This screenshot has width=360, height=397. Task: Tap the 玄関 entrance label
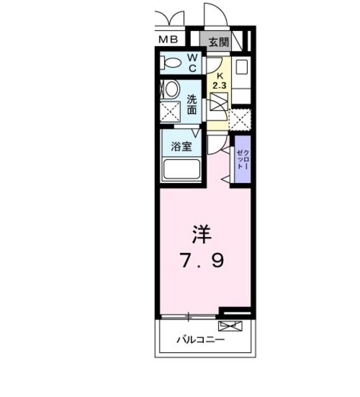218,42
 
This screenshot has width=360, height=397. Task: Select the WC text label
192,63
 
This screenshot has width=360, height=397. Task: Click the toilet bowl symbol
171,63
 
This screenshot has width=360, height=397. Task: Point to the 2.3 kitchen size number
219,84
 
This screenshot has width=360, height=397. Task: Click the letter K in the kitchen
219,74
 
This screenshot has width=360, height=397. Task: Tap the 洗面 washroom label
192,104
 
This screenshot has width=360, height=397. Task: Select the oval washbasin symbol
172,89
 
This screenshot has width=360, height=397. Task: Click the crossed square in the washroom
171,112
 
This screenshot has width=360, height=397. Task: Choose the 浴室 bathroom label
181,148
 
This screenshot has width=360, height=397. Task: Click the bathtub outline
181,169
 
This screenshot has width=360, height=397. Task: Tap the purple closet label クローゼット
242,159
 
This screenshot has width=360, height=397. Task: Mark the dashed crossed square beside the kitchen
240,119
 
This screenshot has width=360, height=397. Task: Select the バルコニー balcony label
200,340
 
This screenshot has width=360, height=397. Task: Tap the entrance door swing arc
216,14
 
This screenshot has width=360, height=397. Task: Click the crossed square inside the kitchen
219,101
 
